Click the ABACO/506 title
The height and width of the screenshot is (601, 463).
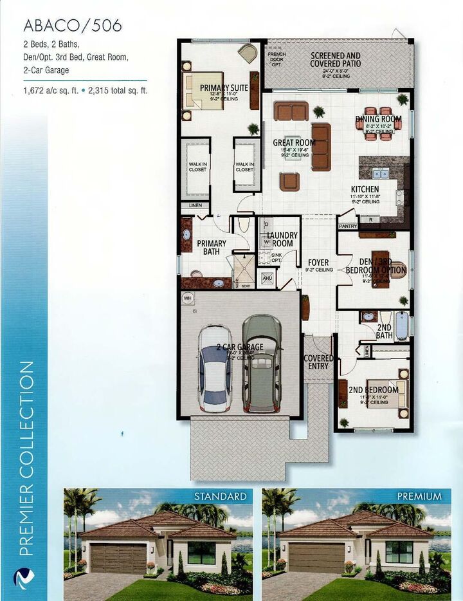pyautogui.click(x=72, y=26)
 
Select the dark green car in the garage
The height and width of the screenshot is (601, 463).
pyautogui.click(x=261, y=363)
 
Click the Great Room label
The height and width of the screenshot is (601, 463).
pyautogui.click(x=294, y=143)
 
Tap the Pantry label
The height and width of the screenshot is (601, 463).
pyautogui.click(x=347, y=226)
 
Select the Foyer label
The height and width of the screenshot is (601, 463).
pyautogui.click(x=318, y=263)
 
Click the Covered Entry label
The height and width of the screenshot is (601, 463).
pyautogui.click(x=318, y=362)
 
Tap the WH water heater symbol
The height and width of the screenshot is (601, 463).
pyautogui.click(x=188, y=298)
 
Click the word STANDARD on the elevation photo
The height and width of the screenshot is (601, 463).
pyautogui.click(x=221, y=497)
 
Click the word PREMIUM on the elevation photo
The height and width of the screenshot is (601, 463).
pyautogui.click(x=419, y=497)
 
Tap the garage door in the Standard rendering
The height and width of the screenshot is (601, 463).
pyautogui.click(x=118, y=558)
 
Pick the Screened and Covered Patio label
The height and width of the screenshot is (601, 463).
pyautogui.click(x=335, y=60)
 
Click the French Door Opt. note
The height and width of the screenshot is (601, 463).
pyautogui.click(x=277, y=60)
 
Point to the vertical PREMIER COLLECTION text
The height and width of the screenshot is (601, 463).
pyautogui.click(x=26, y=457)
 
